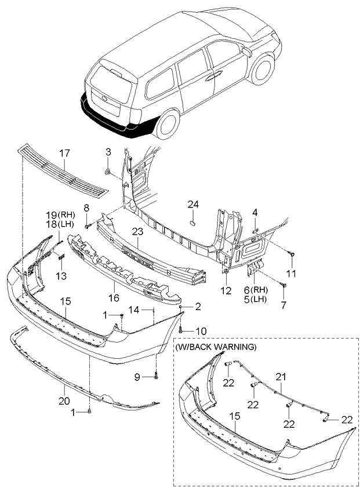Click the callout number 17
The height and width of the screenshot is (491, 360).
(64, 153)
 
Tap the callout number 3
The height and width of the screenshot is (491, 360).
(108, 152)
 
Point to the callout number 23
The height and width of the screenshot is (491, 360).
(137, 232)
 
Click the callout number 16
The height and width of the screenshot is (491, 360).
(113, 297)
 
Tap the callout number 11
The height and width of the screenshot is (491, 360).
(292, 272)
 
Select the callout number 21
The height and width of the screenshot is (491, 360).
(281, 376)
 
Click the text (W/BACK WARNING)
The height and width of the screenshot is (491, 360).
(216, 347)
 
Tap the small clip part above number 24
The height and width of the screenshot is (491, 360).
(194, 220)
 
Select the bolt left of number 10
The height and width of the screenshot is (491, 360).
(181, 330)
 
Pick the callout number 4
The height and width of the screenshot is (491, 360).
(255, 213)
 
